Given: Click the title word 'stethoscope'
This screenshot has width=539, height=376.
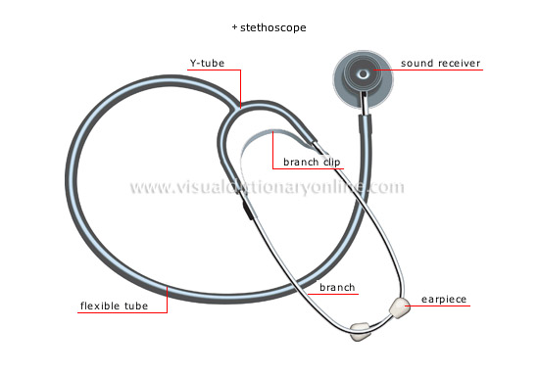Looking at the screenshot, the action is (x=273, y=27).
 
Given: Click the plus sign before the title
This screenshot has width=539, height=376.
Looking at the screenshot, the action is (x=235, y=27).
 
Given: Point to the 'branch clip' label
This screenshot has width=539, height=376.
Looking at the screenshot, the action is (x=312, y=162).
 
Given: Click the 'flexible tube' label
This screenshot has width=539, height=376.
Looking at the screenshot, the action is (x=113, y=305).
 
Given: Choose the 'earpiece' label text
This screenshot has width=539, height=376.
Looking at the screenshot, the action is (x=443, y=299).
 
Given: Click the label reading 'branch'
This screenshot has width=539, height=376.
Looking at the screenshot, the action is (x=337, y=288).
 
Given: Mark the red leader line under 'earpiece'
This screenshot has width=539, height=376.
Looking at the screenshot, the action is (x=441, y=306).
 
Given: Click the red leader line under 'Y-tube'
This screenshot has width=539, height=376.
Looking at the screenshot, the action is (x=220, y=72).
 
